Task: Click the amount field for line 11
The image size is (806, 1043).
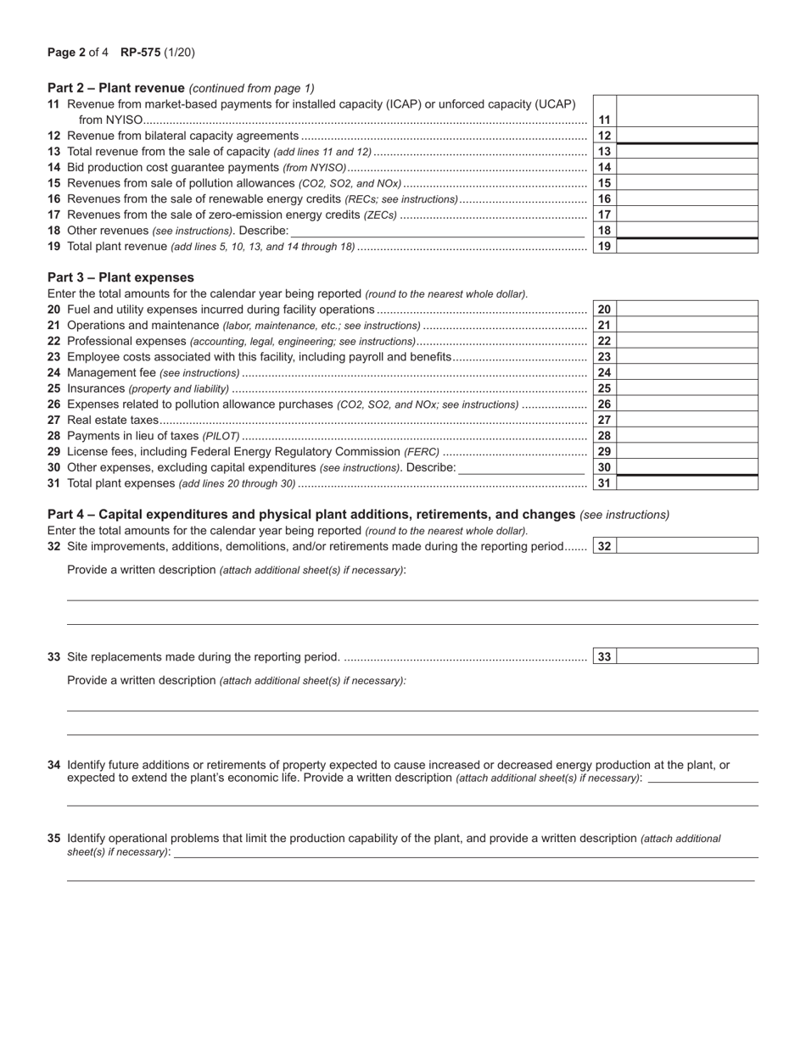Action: click(x=686, y=111)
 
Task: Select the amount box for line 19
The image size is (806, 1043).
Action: click(x=686, y=247)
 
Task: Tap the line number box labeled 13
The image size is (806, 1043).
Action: click(x=604, y=152)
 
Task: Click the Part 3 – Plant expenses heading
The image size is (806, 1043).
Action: click(x=120, y=277)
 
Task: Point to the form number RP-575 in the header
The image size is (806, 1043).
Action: click(x=139, y=53)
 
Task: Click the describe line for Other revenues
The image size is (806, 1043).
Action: click(x=437, y=231)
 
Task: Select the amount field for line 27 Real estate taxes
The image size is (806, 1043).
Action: click(x=686, y=420)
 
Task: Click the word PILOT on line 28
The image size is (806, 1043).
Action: click(x=221, y=436)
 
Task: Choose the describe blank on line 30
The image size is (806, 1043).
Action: click(x=521, y=468)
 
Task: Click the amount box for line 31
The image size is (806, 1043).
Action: click(x=686, y=483)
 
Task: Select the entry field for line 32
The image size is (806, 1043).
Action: click(x=686, y=546)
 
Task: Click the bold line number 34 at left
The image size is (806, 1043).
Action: click(x=53, y=765)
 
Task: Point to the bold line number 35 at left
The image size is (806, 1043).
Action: click(x=53, y=838)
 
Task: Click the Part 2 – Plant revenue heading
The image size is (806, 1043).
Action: click(x=116, y=87)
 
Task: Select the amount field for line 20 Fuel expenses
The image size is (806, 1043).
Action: click(x=686, y=310)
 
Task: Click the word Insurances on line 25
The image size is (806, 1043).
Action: click(x=96, y=388)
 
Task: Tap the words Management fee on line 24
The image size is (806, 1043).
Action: click(x=111, y=372)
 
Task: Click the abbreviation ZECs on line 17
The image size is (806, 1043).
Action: click(x=380, y=215)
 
